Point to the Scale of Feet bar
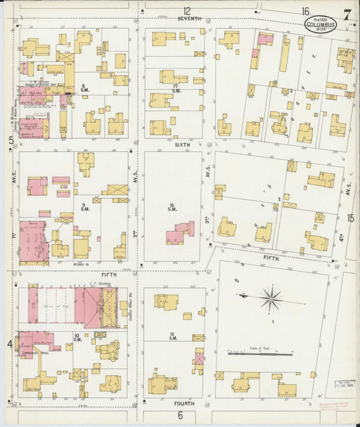(259, 353)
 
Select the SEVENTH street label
(190, 20)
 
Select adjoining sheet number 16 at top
(306, 10)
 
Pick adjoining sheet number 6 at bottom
(180, 415)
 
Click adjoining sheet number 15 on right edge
(351, 218)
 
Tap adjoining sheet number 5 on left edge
(11, 140)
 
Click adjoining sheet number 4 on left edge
(9, 345)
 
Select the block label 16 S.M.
(172, 207)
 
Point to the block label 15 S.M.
(173, 336)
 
